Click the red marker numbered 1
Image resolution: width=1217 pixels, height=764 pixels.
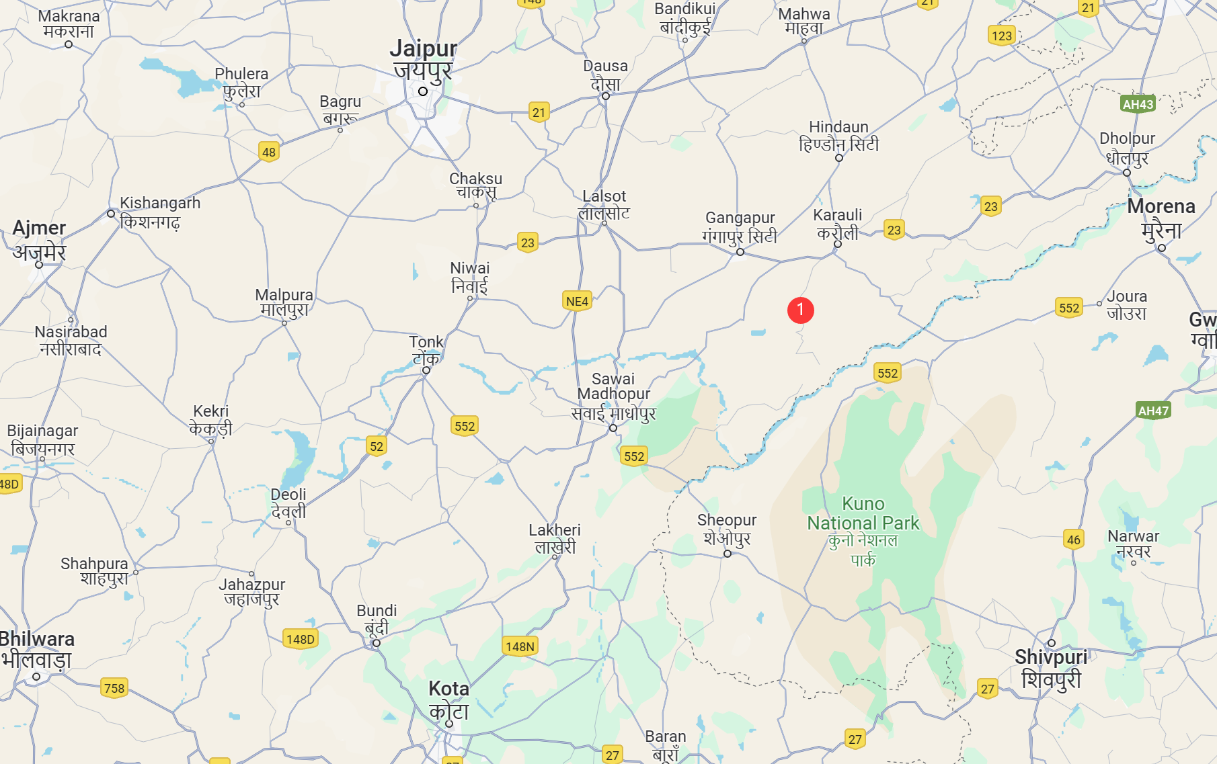coord(800,310)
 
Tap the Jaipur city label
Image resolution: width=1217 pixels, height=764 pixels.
coord(423,59)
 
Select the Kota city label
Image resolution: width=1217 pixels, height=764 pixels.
coord(448,699)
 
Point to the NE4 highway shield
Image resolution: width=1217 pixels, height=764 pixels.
coord(577,301)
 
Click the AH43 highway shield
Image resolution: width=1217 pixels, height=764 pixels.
coord(1138,104)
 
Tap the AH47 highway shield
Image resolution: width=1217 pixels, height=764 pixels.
coord(1153,411)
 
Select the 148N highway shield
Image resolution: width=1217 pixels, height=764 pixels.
coord(520,646)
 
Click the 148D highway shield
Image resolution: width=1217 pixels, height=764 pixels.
coord(300,639)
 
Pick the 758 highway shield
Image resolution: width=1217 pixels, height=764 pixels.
coord(114,688)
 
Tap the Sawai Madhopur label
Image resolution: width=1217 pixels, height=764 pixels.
coord(613,396)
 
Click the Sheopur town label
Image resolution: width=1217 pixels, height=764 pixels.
coord(727,529)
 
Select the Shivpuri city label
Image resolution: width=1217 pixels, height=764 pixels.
coord(1051,668)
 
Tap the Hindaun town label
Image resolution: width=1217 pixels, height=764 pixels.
coord(838,136)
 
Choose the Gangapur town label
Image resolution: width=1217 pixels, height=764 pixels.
coord(740,227)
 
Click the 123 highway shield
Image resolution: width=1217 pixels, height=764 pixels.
coord(1001,36)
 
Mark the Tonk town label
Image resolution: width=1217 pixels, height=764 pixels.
coord(426,349)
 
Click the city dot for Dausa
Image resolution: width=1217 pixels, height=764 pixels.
coord(606,96)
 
